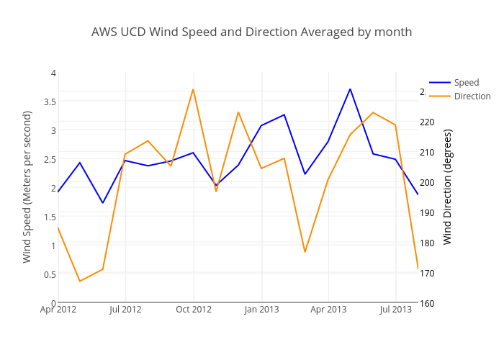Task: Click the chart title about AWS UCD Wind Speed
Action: click(251, 32)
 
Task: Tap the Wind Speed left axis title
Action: click(27, 186)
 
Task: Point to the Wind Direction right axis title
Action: click(448, 186)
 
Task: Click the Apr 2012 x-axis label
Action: click(58, 310)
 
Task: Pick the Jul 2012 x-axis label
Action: click(126, 310)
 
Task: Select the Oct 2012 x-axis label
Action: click(194, 310)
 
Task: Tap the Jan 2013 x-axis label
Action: click(261, 310)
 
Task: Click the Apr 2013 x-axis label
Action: click(328, 310)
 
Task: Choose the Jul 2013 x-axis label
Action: click(395, 310)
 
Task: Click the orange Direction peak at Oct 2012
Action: click(193, 89)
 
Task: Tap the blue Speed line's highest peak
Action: click(350, 89)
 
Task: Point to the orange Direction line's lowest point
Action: click(80, 281)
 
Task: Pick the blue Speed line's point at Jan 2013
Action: click(261, 125)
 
